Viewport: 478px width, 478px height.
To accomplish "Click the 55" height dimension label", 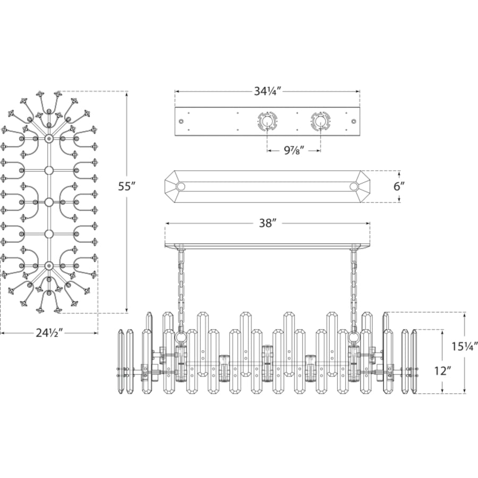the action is [126, 186].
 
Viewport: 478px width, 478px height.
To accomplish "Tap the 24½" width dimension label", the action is [49, 333].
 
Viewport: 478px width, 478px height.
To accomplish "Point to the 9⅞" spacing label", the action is [294, 150].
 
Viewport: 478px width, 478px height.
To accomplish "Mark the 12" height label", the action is [442, 371].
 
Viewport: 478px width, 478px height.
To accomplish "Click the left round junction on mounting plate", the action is [267, 121].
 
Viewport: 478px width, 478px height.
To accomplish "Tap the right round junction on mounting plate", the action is [320, 121].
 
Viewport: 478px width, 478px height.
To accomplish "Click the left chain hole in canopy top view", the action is [181, 186].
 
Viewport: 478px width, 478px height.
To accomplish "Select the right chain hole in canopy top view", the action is [354, 186].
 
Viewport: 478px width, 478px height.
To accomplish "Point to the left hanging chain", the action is [182, 289].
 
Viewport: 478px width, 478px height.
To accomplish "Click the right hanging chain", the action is [354, 289].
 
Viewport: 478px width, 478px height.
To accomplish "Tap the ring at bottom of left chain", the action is [180, 338].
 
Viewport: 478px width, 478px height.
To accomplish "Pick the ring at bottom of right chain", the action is [354, 338].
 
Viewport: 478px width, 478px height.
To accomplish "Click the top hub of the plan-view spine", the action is [48, 139].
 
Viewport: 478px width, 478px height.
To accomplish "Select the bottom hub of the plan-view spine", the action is [48, 266].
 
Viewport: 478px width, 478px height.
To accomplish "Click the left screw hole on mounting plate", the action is [181, 121].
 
